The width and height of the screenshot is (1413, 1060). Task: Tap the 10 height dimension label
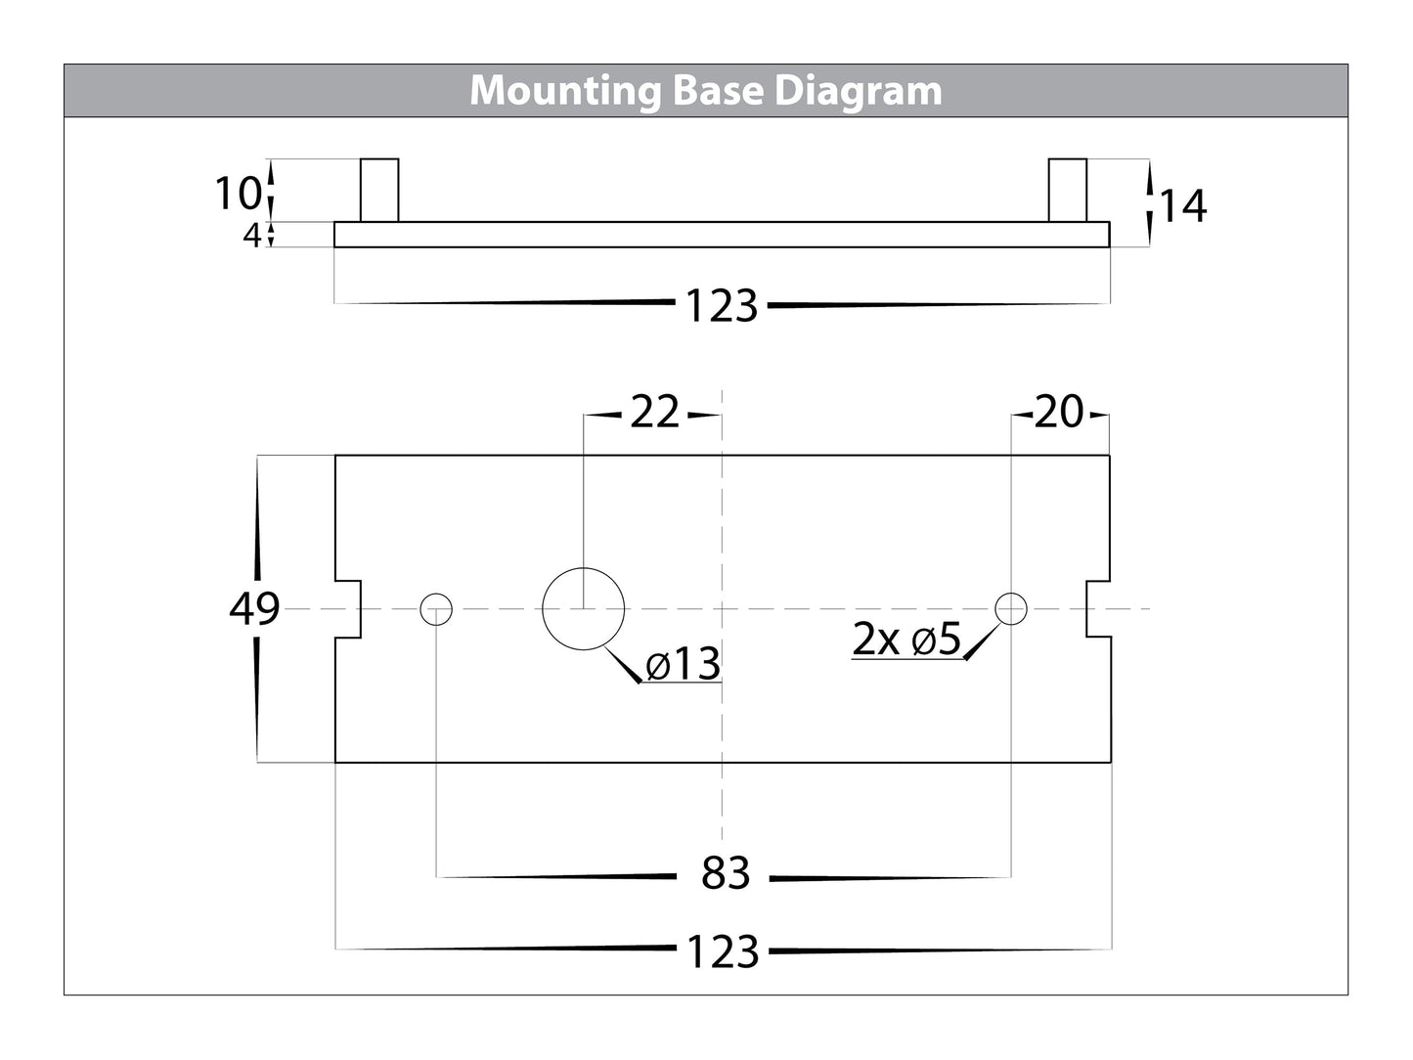[x=237, y=194]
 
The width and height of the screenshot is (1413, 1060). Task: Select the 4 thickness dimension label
[x=252, y=236]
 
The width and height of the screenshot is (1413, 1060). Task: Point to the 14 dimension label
[x=1182, y=206]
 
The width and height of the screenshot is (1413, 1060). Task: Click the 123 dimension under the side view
[x=722, y=307]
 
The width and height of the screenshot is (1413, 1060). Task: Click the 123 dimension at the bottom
[x=723, y=951]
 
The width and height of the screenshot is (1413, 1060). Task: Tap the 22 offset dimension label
[x=653, y=414]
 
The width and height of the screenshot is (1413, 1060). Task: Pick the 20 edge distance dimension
[x=1059, y=414]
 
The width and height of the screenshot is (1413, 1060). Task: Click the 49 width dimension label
[x=254, y=609]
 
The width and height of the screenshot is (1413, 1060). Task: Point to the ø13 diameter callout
[x=684, y=666]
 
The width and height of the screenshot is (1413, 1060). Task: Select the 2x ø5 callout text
[x=906, y=641]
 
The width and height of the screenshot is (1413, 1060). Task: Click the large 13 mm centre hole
[x=583, y=609]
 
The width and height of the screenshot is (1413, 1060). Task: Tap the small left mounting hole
[x=436, y=609]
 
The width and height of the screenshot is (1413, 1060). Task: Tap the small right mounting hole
[x=1010, y=609]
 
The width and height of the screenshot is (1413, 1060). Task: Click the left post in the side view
[x=379, y=191]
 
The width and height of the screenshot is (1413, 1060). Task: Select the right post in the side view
[x=1067, y=191]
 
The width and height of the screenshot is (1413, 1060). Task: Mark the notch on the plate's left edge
[x=348, y=608]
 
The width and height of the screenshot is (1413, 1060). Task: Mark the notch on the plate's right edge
[x=1096, y=608]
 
